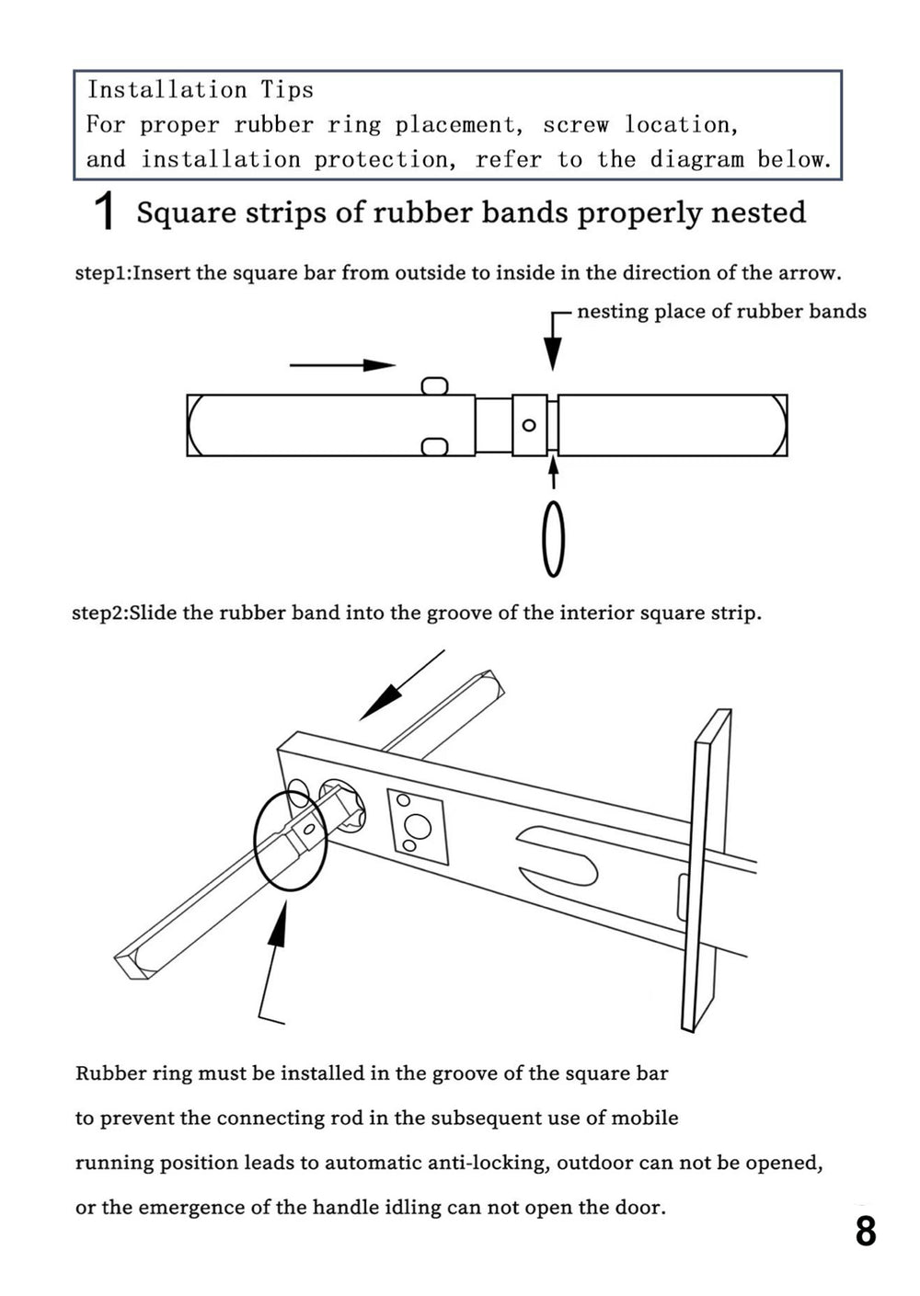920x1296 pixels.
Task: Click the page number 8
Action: click(x=865, y=1231)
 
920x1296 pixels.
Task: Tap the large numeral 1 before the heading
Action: click(x=106, y=212)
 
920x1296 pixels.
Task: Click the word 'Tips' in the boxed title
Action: click(x=287, y=89)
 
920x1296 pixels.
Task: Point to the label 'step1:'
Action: click(x=103, y=273)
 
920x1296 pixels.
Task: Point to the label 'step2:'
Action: click(x=100, y=613)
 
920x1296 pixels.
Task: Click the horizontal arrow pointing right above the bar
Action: click(x=342, y=365)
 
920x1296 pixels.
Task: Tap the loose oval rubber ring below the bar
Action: click(x=553, y=539)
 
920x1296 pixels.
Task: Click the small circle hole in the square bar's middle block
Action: click(x=529, y=425)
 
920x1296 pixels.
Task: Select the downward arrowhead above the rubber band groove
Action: click(x=552, y=353)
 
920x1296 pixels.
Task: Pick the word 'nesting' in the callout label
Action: click(x=613, y=312)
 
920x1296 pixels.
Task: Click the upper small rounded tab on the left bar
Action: click(x=435, y=385)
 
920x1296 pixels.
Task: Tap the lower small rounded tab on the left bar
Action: click(x=435, y=447)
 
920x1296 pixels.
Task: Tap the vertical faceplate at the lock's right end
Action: click(x=707, y=869)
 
